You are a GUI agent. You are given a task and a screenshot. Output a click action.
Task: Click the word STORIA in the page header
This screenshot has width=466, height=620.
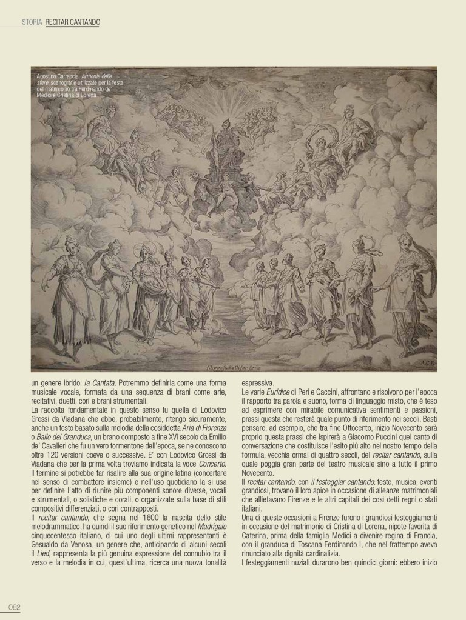(31, 22)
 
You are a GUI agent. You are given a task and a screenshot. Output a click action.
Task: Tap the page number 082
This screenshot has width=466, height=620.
(14, 608)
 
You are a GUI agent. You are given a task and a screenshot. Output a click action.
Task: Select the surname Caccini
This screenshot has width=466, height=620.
(334, 393)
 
